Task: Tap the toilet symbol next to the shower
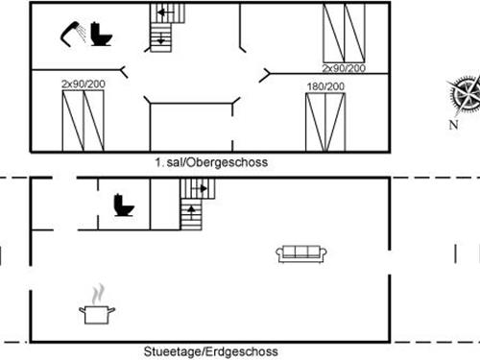click(x=101, y=34)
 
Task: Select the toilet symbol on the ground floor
click(x=124, y=205)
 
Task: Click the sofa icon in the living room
click(x=301, y=254)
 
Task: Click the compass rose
click(x=464, y=94)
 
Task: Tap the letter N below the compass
click(x=453, y=125)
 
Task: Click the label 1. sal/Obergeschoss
click(x=211, y=162)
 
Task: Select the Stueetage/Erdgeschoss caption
click(x=210, y=351)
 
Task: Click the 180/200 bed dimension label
click(x=325, y=86)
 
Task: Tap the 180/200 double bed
click(x=325, y=122)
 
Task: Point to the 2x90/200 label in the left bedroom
click(x=84, y=84)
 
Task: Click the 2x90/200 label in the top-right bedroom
click(x=344, y=68)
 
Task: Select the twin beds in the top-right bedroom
click(x=344, y=33)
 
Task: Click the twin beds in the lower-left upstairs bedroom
click(x=83, y=121)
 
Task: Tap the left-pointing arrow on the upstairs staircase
click(x=165, y=12)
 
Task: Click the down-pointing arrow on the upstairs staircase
click(x=161, y=38)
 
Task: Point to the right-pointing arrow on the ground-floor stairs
click(x=200, y=189)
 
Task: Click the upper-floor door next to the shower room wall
click(x=124, y=72)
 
